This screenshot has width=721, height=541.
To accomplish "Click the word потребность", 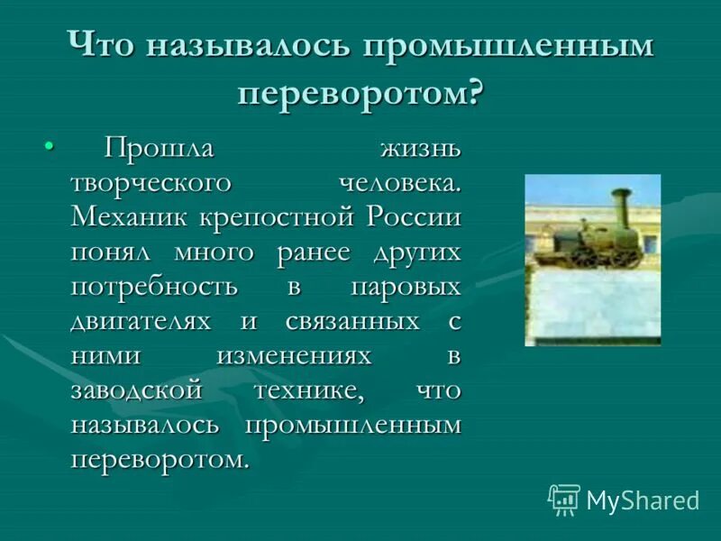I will [x=154, y=287].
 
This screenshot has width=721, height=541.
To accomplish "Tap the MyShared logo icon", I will [x=563, y=500].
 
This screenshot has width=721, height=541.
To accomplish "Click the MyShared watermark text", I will [x=643, y=500].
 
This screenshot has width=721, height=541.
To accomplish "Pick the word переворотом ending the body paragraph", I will [x=159, y=459].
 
